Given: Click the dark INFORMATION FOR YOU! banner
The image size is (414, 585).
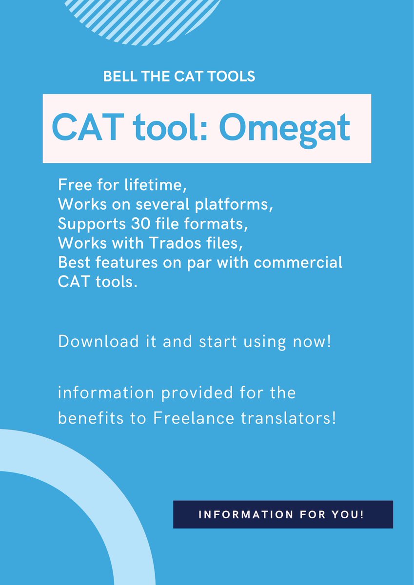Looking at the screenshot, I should pos(283,514).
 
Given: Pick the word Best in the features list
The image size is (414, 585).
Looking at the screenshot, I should pos(74,262).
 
